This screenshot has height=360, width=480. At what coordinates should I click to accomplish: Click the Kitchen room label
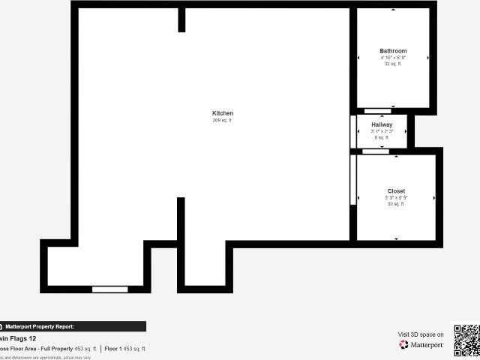coord(223,113)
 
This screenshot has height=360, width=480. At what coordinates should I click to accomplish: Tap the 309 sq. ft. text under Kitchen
coord(223,120)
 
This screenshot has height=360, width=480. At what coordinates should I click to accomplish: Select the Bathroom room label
coord(393,51)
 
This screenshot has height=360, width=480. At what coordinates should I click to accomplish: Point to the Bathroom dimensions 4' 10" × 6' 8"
coord(393,58)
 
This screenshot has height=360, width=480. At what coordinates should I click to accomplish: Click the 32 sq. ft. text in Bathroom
coord(393,64)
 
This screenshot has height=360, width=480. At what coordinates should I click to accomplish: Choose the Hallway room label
coord(382,124)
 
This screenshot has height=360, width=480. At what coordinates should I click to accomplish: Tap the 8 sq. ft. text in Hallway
coord(382,137)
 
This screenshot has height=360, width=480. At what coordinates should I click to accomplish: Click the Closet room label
coord(396,191)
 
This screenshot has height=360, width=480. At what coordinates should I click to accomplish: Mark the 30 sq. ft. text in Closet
coord(396,204)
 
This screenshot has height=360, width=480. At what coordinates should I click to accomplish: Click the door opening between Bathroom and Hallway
coord(377,111)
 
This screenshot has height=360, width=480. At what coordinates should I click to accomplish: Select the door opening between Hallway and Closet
coord(375,151)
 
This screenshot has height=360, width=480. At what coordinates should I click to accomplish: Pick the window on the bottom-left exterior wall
coord(110,289)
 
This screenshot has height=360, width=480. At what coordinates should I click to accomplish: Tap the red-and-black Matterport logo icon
coord(404,345)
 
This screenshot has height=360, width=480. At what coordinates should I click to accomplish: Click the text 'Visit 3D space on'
coord(421,334)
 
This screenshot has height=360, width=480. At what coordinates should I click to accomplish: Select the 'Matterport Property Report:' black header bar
coord(73,326)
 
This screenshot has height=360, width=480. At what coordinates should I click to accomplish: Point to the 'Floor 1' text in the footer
coord(112,349)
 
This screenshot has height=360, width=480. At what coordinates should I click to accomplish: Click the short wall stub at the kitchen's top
coord(181,19)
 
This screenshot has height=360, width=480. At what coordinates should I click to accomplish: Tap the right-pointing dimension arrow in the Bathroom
coord(428,58)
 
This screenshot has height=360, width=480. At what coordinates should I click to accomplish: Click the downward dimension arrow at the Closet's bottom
coord(396,238)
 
